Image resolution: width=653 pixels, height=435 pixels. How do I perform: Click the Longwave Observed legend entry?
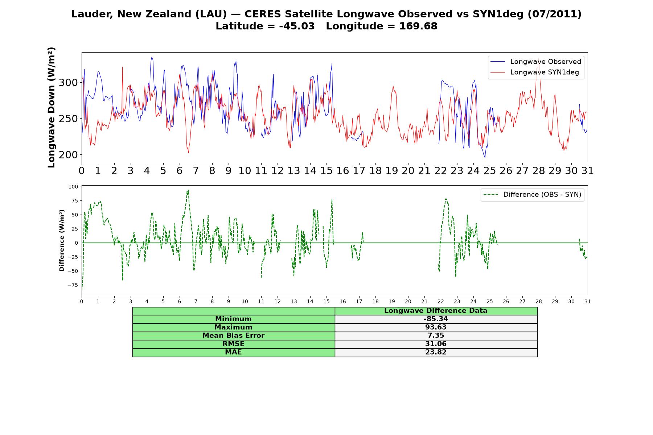click(x=535, y=62)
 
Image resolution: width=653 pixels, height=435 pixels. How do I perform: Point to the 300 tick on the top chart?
click(x=68, y=83)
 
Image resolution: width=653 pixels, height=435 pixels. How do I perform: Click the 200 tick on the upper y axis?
click(x=68, y=155)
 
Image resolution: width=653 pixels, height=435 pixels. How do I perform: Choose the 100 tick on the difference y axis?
click(x=73, y=187)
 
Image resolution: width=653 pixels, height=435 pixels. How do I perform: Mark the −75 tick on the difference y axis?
click(x=73, y=285)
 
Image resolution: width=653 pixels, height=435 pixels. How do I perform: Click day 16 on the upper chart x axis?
click(x=343, y=170)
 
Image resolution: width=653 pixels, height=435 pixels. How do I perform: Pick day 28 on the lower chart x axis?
click(x=539, y=301)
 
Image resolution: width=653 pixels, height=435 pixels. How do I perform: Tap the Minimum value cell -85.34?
click(x=436, y=319)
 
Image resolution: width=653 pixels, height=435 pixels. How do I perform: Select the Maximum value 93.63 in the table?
click(x=436, y=327)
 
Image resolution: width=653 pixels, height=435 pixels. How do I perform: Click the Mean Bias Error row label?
click(x=233, y=336)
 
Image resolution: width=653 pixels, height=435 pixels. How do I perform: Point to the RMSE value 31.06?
click(x=436, y=344)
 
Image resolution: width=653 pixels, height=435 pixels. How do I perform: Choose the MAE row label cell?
click(x=233, y=352)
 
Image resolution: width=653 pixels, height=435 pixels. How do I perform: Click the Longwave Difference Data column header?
click(x=436, y=311)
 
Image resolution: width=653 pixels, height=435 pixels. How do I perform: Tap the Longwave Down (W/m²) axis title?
click(x=52, y=107)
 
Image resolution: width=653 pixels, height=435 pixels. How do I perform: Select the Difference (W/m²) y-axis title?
click(x=62, y=240)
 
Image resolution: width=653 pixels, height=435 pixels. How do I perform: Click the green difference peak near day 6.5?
click(x=188, y=190)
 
